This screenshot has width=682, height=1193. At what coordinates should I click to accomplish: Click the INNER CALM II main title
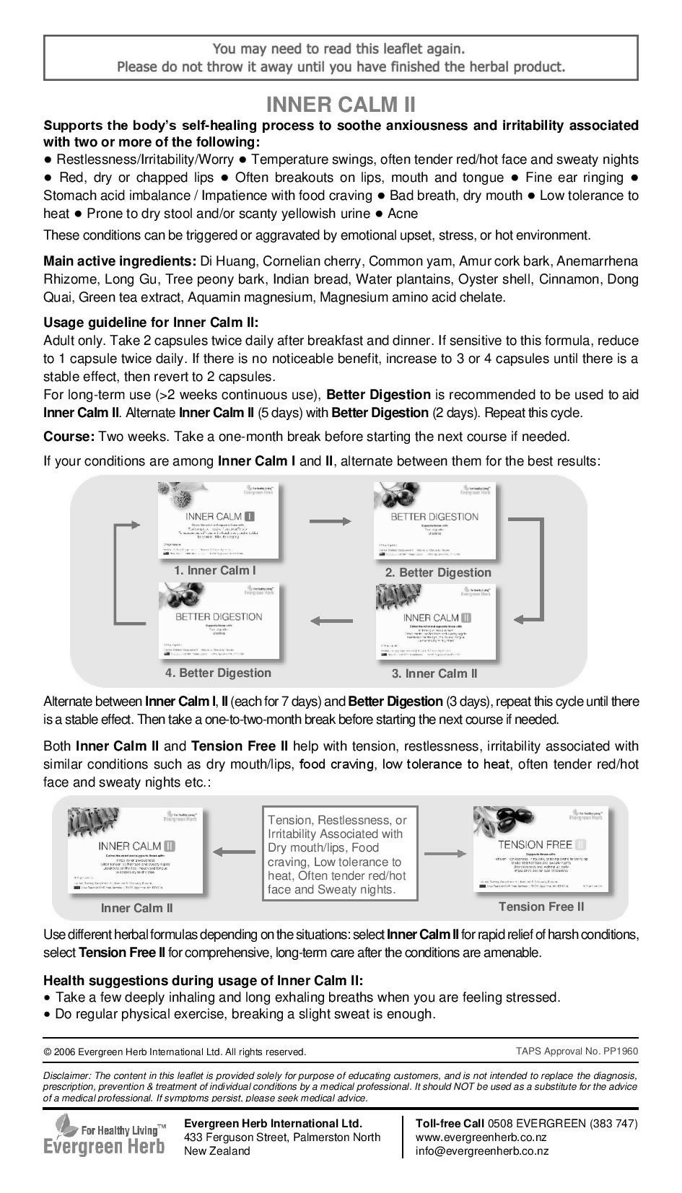(x=341, y=105)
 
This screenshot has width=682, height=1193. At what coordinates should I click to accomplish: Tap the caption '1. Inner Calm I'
(x=214, y=570)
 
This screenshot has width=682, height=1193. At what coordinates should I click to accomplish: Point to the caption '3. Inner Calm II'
(x=434, y=673)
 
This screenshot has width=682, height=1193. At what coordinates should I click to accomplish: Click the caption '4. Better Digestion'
(x=218, y=673)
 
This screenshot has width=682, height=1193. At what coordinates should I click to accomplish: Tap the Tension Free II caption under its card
(x=541, y=906)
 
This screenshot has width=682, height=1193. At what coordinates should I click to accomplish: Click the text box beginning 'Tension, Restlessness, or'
(x=340, y=855)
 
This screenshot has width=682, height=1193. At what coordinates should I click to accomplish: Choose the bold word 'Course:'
(x=69, y=437)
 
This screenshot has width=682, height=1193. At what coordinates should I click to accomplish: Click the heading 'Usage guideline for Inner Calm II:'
(x=150, y=323)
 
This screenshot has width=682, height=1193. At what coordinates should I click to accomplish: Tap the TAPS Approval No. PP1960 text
(x=577, y=1051)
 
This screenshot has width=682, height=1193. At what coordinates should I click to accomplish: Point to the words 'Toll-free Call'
(x=450, y=1124)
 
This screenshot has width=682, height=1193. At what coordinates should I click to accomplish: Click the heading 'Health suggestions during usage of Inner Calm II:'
(x=204, y=980)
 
